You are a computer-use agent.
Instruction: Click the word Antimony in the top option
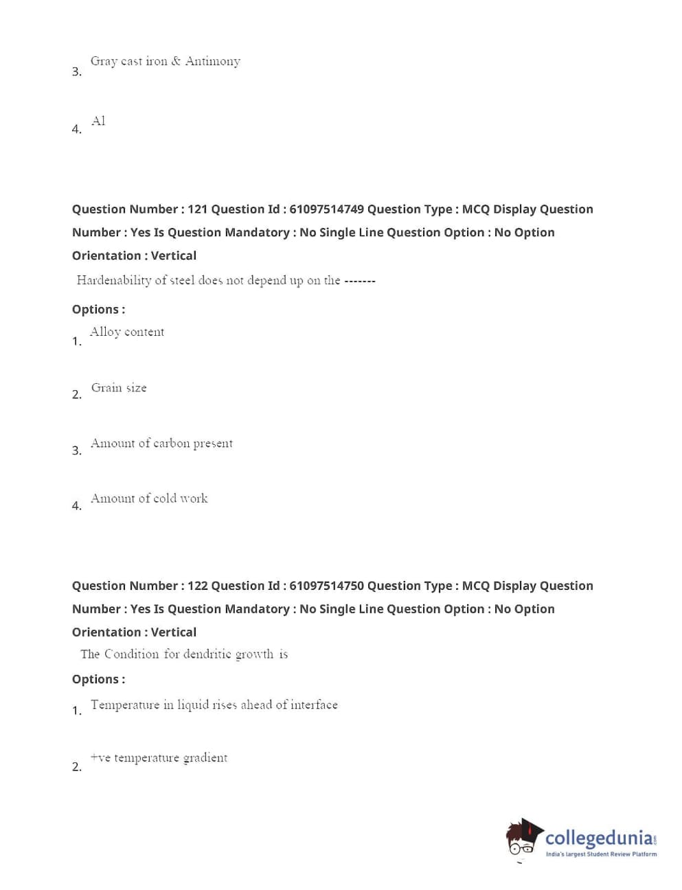(x=213, y=61)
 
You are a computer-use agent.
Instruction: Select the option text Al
(x=98, y=121)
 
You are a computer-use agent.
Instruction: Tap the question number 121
(x=197, y=209)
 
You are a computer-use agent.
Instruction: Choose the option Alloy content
(x=127, y=332)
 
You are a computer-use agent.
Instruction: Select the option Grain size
(x=119, y=388)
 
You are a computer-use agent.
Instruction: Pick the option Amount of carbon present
(x=161, y=444)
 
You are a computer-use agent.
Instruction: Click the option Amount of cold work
(x=149, y=499)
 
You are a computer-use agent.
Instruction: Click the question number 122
(x=197, y=586)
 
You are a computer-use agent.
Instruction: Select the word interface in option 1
(x=314, y=705)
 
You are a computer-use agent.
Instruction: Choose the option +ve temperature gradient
(x=159, y=757)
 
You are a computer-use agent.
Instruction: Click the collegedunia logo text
(x=599, y=838)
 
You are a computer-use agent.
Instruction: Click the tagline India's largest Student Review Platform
(x=601, y=854)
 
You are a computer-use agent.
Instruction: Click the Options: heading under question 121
(x=98, y=310)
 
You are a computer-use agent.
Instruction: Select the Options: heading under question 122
(x=98, y=679)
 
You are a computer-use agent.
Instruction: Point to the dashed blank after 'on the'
(x=360, y=281)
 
